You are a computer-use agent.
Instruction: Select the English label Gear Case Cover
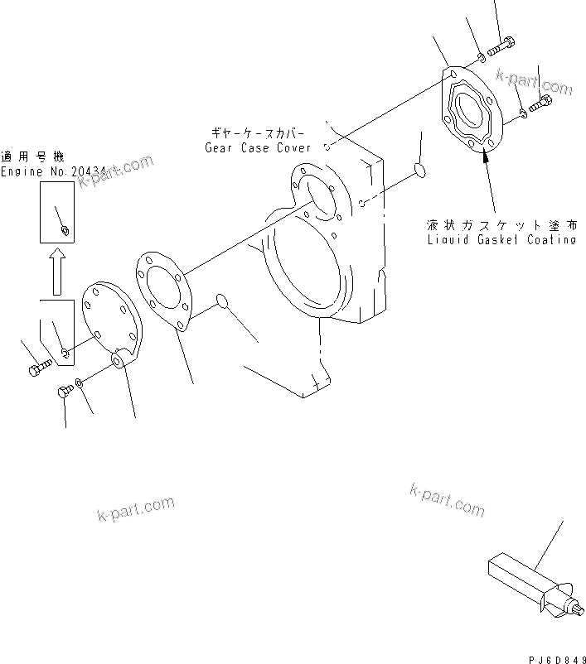point(258,147)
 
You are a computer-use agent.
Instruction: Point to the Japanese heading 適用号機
point(33,156)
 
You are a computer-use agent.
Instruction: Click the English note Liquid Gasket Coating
point(501,239)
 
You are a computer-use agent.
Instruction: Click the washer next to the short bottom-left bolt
point(79,382)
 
